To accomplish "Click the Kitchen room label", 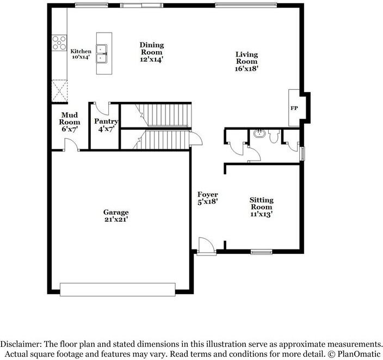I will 81,53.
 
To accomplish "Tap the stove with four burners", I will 58,43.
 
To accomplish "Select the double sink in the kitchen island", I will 102,53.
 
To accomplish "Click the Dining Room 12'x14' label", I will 151,52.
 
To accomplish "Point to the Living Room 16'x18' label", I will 246,62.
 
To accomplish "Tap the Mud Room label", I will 70,122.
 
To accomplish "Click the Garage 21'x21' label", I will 116,216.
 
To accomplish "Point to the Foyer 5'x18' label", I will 207,198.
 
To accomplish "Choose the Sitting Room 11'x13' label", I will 261,207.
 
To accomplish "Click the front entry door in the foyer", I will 206,246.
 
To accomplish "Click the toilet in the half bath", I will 274,136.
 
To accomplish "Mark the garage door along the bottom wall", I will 118,290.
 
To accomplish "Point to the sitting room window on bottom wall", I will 261,252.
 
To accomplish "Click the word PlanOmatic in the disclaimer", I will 358,353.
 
